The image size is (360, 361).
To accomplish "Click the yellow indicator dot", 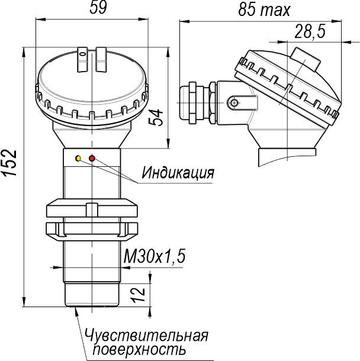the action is [x=78, y=159].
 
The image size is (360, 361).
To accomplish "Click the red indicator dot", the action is [x=92, y=158].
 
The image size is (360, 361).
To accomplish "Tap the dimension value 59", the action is [x=98, y=8].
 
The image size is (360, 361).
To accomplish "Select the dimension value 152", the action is [x=10, y=163].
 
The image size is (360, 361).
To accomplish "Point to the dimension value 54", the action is [x=156, y=118].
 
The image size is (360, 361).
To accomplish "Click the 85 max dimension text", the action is [x=264, y=10].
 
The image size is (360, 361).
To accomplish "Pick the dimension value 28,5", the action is [x=310, y=31].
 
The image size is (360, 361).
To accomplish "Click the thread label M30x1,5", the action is [x=155, y=256].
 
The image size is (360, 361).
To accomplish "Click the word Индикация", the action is [x=178, y=172].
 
